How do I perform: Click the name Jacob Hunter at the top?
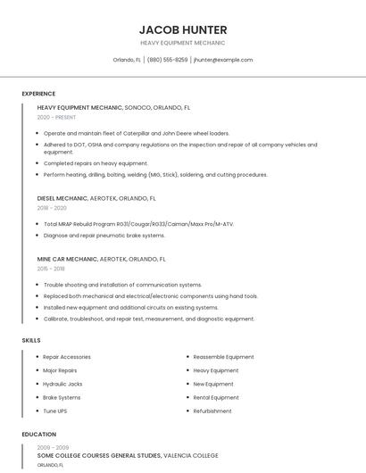click(x=183, y=29)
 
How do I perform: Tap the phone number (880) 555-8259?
click(x=167, y=60)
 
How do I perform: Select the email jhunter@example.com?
click(x=223, y=60)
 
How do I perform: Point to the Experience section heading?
click(x=38, y=94)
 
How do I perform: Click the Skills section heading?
click(x=31, y=340)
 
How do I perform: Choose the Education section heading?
click(x=38, y=435)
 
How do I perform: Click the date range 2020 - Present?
click(x=56, y=117)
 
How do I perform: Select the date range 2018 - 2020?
click(x=52, y=207)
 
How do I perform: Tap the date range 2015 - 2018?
click(x=51, y=268)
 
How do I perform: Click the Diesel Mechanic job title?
click(x=62, y=198)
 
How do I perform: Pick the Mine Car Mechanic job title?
click(x=67, y=259)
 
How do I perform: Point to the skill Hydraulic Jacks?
click(x=62, y=384)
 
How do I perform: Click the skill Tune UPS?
click(x=55, y=411)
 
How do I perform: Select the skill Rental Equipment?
click(x=216, y=397)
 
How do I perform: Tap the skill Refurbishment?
click(x=212, y=411)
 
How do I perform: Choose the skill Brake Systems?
click(x=62, y=397)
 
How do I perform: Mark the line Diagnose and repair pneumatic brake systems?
click(x=104, y=236)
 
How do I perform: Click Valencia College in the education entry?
click(x=191, y=455)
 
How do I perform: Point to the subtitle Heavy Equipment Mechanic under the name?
click(x=183, y=43)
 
